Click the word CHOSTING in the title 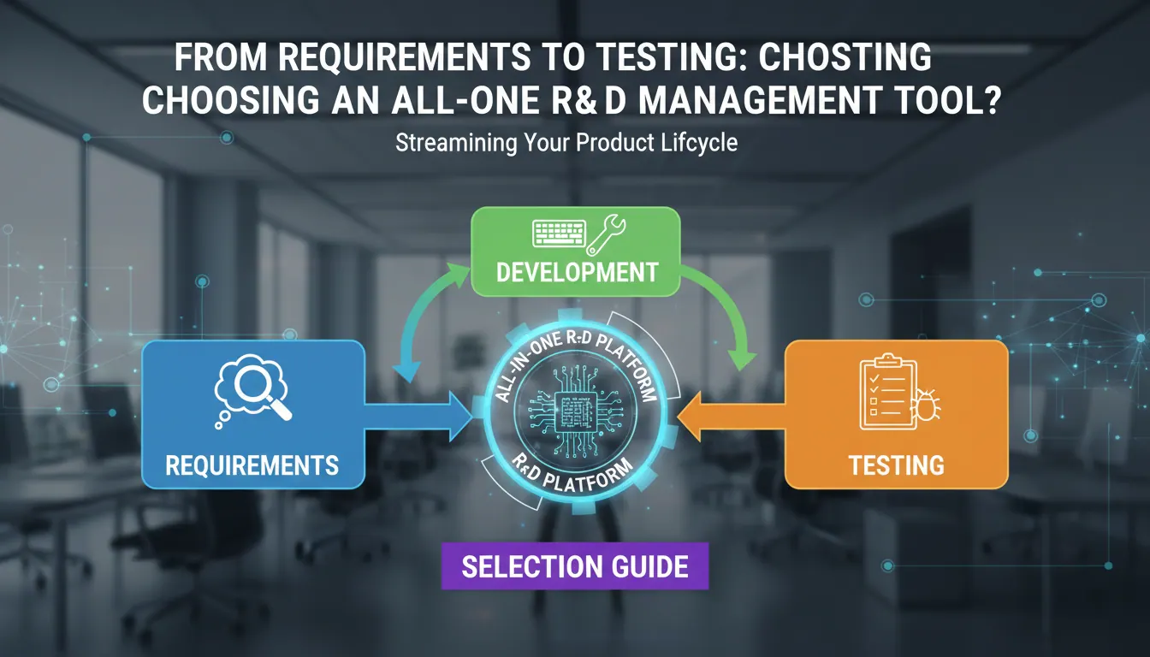[845, 56]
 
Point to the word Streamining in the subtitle [456, 143]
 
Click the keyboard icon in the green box [560, 234]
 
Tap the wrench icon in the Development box [606, 235]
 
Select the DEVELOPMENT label [577, 273]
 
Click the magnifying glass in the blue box [260, 393]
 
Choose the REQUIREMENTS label [252, 465]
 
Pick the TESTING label [897, 465]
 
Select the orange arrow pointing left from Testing [732, 416]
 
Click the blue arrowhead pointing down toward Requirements [408, 370]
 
